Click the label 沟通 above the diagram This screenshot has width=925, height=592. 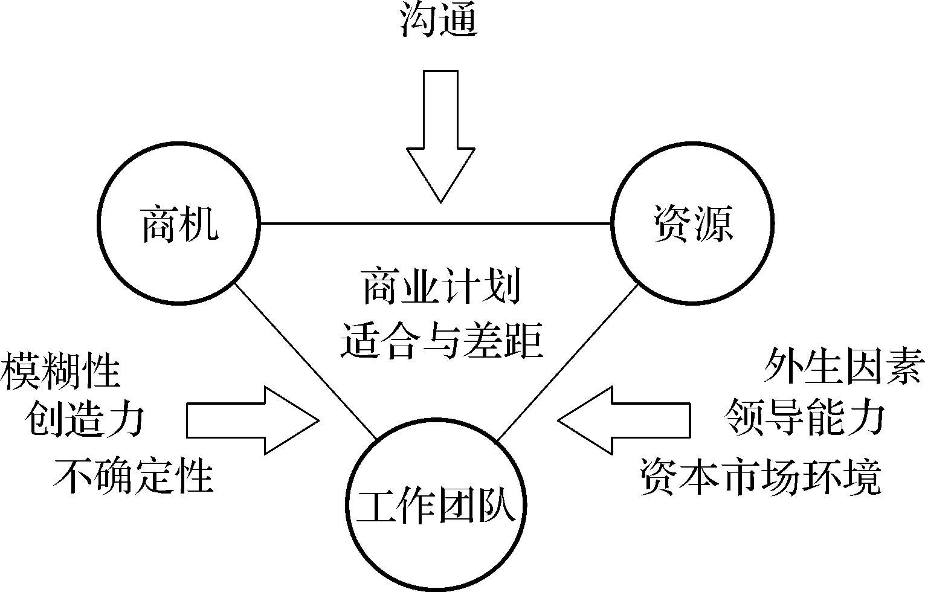point(439,21)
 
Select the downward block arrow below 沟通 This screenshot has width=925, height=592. point(440,133)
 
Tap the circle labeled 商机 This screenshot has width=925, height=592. point(179,224)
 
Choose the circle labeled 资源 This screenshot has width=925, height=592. point(692,224)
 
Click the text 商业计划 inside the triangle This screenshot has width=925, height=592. point(441,288)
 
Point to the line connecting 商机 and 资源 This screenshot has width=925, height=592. point(435,224)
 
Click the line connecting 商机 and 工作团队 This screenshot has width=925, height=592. point(305,360)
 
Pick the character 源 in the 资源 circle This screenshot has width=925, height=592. point(713,224)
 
